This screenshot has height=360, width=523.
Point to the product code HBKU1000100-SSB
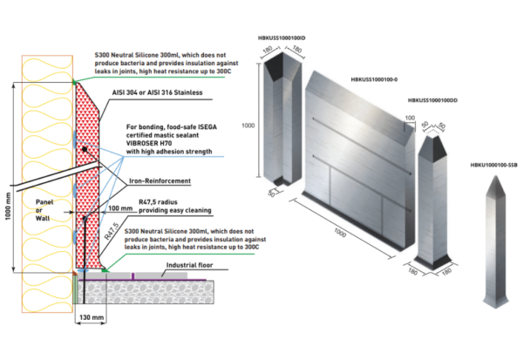coord(492,163)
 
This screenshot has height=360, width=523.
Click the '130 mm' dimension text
coord(91,318)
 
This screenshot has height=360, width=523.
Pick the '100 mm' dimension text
coord(120,209)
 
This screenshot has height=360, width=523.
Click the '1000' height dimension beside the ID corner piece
coord(248,126)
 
